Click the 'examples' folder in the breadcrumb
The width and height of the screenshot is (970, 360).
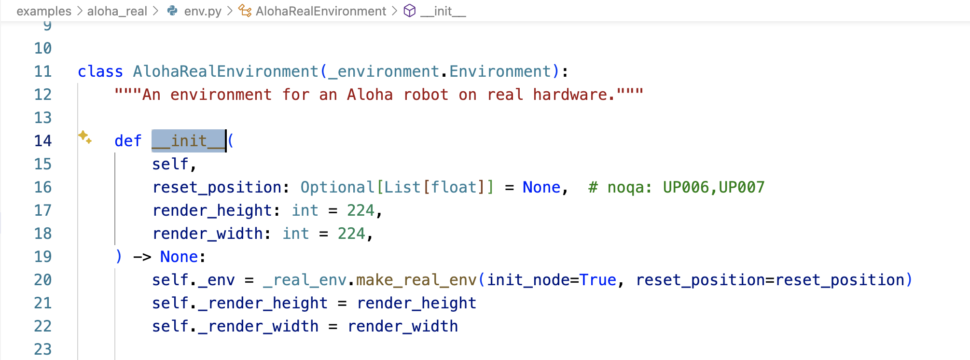[x=43, y=11]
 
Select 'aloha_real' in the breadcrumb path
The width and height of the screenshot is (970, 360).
[x=117, y=11]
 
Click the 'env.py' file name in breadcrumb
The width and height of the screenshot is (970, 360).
[x=203, y=11]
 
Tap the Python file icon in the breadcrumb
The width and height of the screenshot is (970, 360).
[x=172, y=11]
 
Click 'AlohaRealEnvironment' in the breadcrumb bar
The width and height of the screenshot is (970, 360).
[x=320, y=11]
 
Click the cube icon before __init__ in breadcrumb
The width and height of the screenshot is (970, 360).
[x=409, y=11]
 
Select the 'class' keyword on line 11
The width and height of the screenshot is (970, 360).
[x=100, y=71]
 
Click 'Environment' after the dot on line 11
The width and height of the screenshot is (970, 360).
[x=500, y=71]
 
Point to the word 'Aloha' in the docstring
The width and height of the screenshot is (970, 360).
[x=370, y=95]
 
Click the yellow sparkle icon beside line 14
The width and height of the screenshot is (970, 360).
[x=85, y=137]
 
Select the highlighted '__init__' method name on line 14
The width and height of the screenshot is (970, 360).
[x=188, y=141]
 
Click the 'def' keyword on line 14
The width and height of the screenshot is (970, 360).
[x=128, y=141]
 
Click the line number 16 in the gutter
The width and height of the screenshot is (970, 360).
[x=42, y=187]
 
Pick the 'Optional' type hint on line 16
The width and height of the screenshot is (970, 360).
[x=337, y=187]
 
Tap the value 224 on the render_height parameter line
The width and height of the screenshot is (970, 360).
[x=360, y=210]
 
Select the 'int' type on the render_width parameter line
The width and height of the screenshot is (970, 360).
[x=295, y=234]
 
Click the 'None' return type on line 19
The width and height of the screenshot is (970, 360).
[x=179, y=257]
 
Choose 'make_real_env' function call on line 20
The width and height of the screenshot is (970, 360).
[x=416, y=280]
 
